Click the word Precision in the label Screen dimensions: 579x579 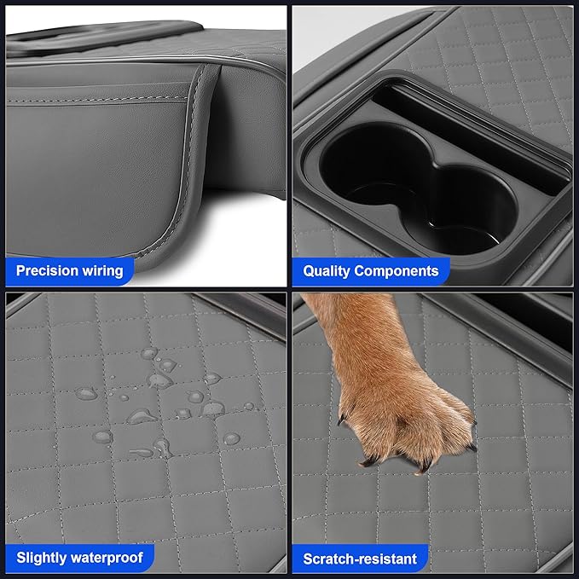pos(47,270)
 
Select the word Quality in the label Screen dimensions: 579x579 pos(327,271)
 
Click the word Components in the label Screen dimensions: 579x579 pos(397,271)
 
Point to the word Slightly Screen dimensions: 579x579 pos(41,558)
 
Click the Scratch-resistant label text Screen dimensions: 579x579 pos(360,559)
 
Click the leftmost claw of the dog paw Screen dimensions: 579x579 pos(341,419)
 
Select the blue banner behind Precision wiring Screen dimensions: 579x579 pos(69,271)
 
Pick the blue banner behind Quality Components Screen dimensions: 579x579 pos(371,271)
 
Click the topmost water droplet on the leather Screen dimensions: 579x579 pos(149,353)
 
